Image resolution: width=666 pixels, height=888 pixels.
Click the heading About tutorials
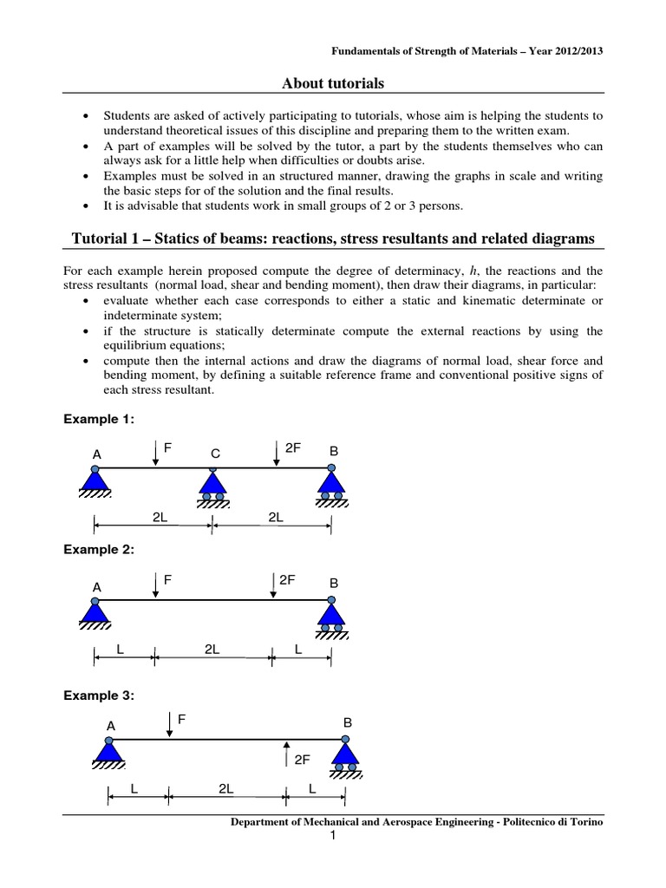332,83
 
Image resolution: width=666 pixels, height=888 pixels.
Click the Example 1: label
100,419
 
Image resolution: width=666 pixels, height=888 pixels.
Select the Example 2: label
100,550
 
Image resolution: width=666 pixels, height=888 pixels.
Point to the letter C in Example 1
215,454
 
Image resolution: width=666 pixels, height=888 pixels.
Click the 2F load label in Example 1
293,448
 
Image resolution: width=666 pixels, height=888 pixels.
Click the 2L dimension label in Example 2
212,648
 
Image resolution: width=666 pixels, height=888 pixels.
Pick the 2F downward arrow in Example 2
273,584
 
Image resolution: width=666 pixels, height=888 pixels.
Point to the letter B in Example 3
347,721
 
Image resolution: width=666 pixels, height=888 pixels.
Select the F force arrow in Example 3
169,724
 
